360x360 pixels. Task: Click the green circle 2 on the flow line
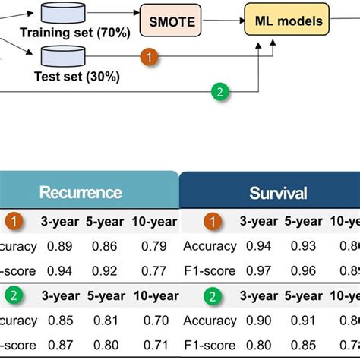[219, 92]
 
